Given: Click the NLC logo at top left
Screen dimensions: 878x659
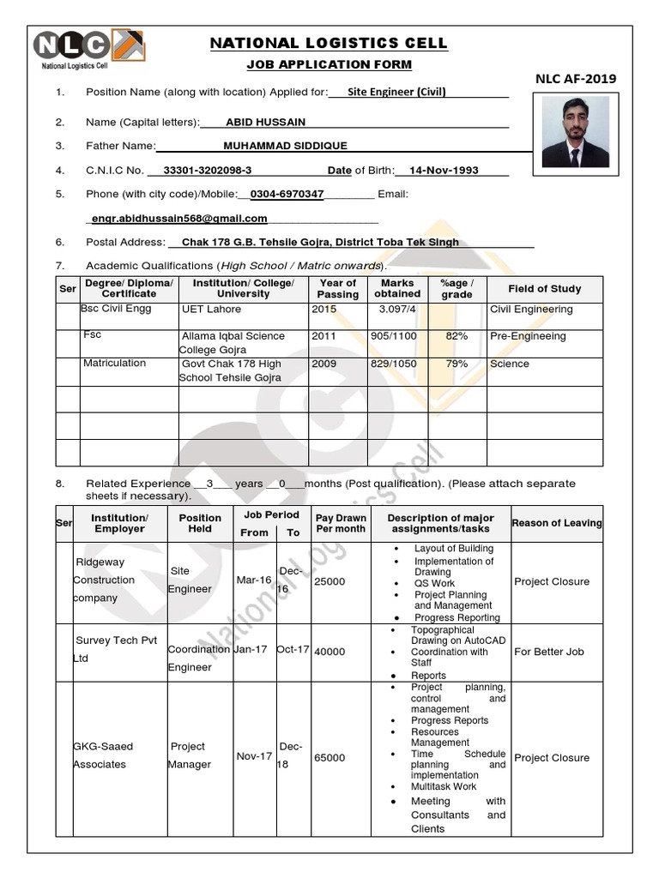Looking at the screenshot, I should (x=88, y=46).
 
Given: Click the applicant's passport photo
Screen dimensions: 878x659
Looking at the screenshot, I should (x=575, y=131).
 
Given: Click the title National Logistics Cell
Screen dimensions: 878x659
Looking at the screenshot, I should (x=329, y=44).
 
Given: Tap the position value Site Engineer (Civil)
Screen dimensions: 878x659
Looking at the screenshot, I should (x=396, y=93).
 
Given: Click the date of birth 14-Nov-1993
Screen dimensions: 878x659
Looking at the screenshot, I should (x=444, y=170).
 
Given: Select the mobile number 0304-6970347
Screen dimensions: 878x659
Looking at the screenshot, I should (x=287, y=194).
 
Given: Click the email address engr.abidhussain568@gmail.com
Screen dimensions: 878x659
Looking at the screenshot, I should (x=180, y=219).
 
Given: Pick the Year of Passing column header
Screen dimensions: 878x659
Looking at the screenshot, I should (x=337, y=288).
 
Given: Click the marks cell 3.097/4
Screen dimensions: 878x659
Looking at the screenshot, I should (x=397, y=309).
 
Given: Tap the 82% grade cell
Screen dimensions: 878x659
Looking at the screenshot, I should (x=456, y=336).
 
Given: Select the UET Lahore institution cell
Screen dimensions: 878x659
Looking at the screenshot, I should (x=212, y=309).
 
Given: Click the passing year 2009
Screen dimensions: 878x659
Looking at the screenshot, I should (x=324, y=364).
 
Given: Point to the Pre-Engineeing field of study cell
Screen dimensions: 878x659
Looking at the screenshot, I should (x=528, y=336).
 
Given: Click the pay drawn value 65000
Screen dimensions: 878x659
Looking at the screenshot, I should (x=330, y=758).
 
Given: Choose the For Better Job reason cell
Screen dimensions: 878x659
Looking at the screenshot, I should (x=549, y=652).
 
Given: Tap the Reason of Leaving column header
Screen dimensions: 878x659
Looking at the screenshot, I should (x=557, y=523).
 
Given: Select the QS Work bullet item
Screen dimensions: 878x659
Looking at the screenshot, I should (x=434, y=583).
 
